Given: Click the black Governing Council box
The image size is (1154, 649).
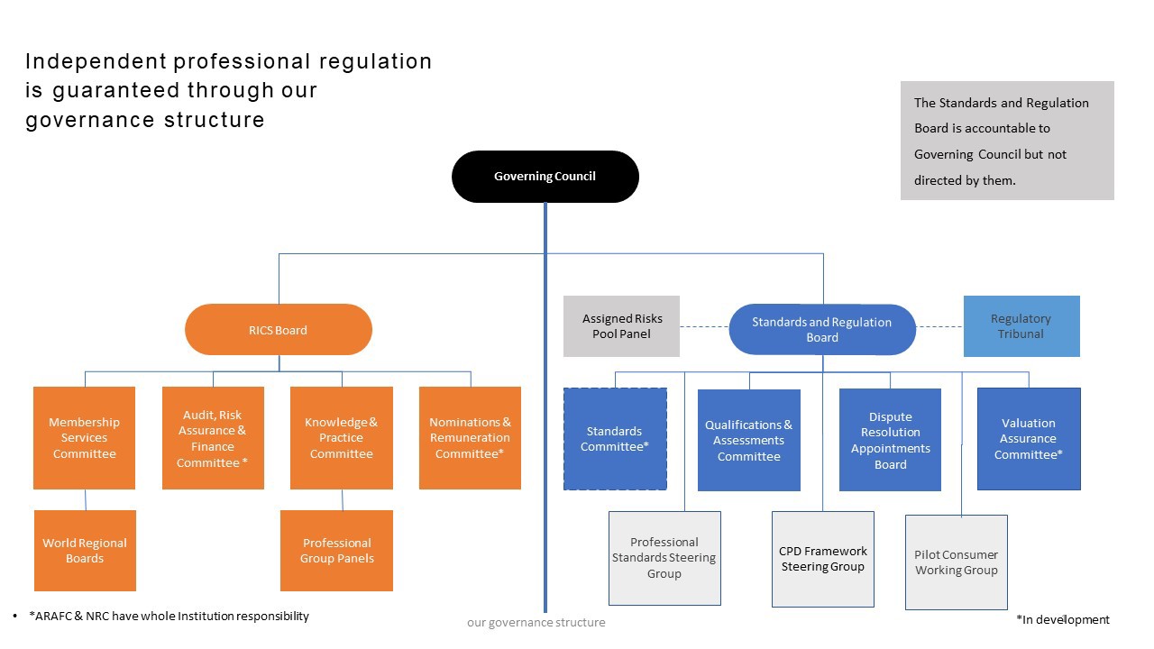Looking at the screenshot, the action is coord(545,177).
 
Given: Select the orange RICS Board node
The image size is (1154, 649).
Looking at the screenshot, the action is coord(279,330).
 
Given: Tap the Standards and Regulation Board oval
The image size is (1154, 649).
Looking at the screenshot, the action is coord(822,330).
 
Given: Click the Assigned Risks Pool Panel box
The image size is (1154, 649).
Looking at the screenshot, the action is coord(621,326).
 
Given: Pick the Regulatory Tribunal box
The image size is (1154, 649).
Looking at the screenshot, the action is coord(1021,326).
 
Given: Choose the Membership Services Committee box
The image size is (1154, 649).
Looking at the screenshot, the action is coord(85,438).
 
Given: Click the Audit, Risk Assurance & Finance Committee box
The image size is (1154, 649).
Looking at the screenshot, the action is coord(213,438).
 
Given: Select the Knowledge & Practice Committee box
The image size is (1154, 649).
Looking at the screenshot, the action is coord(342,438).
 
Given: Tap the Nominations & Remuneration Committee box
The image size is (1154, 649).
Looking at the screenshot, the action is coord(470,438).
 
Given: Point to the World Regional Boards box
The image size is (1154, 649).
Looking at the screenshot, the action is coord(85,551).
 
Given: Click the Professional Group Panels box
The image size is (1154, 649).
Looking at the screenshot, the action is coord(336,551).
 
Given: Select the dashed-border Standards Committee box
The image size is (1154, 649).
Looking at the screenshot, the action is coord(615,439).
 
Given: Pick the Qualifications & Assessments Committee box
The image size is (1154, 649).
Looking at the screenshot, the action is coord(749,440).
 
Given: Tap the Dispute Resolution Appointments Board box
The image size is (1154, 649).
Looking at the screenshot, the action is coord(890,439).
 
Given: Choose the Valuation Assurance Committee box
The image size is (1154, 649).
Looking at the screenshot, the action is coord(1029,439).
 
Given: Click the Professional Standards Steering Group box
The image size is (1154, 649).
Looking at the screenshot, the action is coord(664,558).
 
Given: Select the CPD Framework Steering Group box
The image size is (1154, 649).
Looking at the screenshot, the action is coord(823,559).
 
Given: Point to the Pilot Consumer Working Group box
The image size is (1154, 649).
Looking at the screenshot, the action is coord(957,562).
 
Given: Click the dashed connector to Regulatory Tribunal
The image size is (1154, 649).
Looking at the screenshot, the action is coord(939,326).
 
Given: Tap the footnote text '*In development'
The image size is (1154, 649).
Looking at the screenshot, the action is coord(1063,619).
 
